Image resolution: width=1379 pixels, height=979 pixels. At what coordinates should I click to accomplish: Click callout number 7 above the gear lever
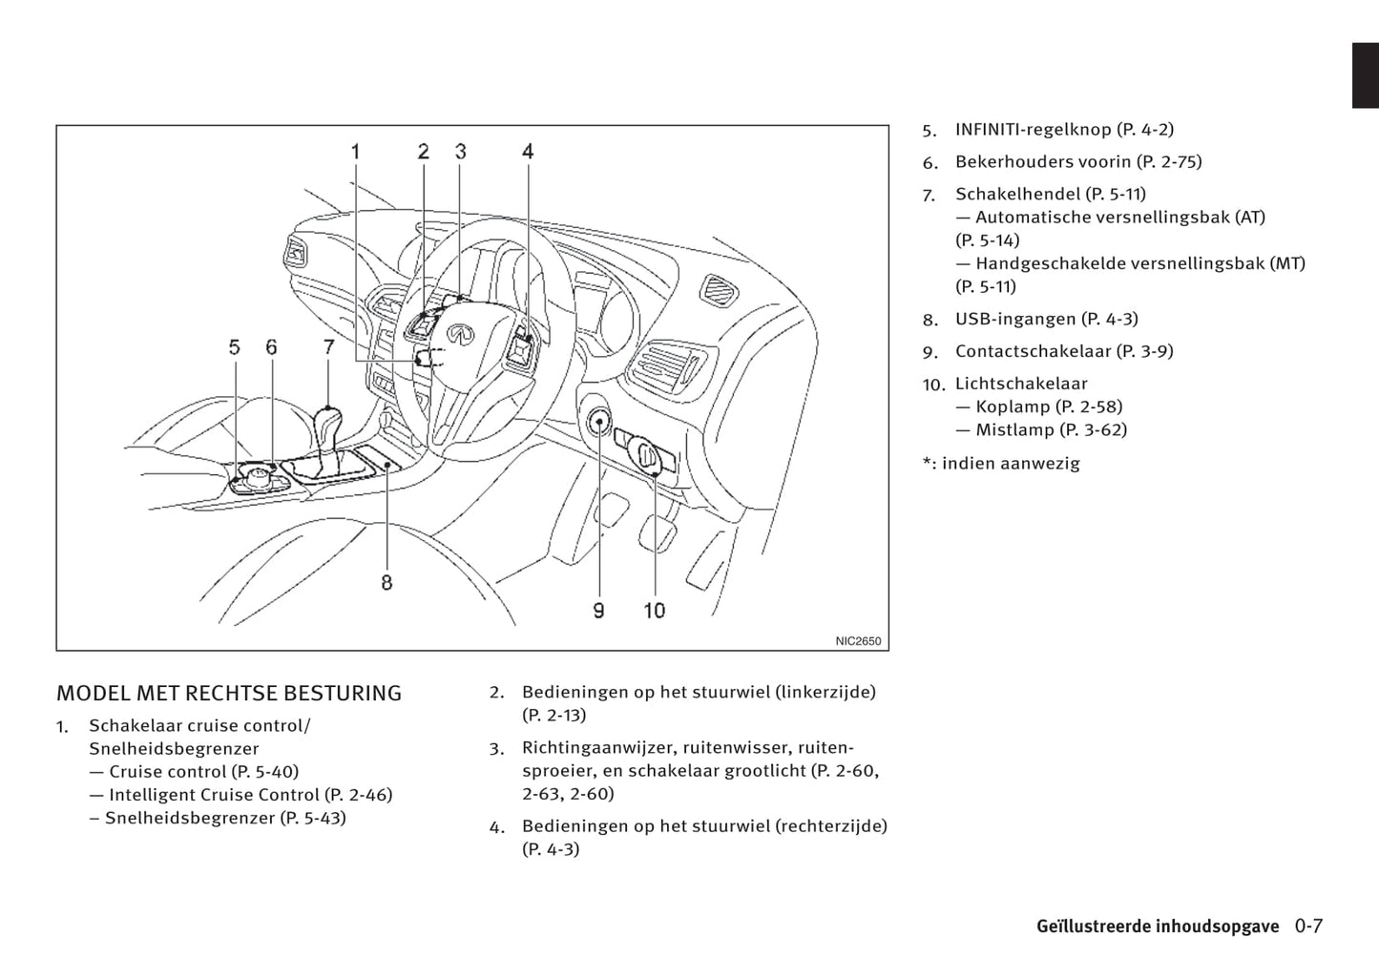pyautogui.click(x=328, y=348)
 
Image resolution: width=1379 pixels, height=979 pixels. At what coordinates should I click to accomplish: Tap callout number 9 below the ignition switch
pyautogui.click(x=598, y=610)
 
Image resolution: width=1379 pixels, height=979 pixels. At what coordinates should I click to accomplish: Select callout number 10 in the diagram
pyautogui.click(x=654, y=610)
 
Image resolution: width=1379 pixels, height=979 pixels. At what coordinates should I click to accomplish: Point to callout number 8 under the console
pyautogui.click(x=387, y=581)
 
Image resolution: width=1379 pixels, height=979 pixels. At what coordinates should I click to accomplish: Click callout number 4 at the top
pyautogui.click(x=528, y=151)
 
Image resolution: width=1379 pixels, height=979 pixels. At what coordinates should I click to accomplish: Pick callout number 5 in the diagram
pyautogui.click(x=235, y=348)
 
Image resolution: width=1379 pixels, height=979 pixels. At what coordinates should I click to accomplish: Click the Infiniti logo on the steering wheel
pyautogui.click(x=459, y=334)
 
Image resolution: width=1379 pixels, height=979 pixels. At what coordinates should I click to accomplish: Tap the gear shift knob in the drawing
pyautogui.click(x=327, y=419)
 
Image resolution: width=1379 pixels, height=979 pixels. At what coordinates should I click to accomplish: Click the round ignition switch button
pyautogui.click(x=599, y=421)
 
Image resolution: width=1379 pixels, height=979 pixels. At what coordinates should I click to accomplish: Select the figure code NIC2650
pyautogui.click(x=858, y=641)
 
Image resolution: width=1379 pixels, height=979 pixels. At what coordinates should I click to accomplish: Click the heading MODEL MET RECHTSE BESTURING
pyautogui.click(x=229, y=693)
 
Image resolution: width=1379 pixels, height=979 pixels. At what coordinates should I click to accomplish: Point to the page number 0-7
pyautogui.click(x=1308, y=926)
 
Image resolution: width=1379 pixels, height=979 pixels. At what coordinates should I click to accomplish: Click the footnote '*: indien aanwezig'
pyautogui.click(x=1001, y=464)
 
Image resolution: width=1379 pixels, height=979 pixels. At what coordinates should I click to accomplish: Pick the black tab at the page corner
pyautogui.click(x=1365, y=75)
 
